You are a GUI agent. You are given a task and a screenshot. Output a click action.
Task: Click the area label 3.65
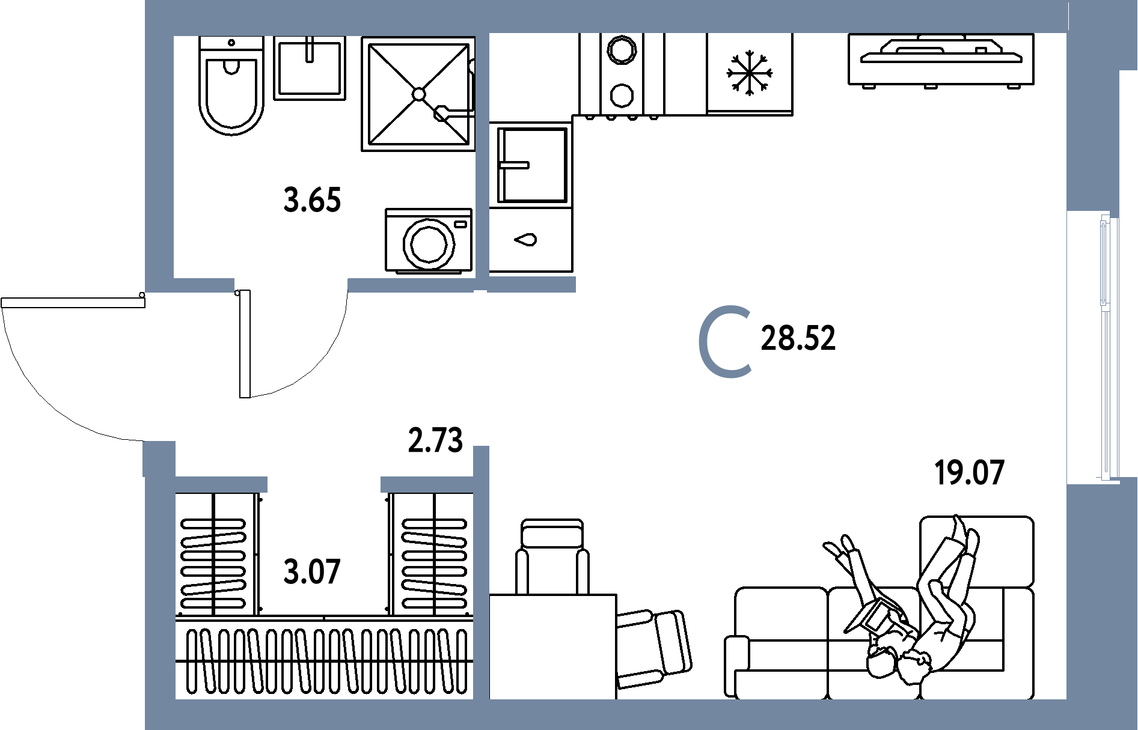312,201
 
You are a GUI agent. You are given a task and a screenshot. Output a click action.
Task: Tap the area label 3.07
312,572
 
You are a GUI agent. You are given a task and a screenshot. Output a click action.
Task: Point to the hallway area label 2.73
435,440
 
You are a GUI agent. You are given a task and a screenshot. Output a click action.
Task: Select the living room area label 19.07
970,473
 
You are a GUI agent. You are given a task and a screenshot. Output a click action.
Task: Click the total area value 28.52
798,339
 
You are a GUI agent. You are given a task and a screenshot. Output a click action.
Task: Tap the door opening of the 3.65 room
291,285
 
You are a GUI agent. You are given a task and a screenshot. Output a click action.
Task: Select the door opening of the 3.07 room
323,484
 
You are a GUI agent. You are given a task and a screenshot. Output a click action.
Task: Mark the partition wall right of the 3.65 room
482,156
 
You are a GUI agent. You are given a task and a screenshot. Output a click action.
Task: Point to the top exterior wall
601,16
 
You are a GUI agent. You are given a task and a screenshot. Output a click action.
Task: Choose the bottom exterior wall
601,714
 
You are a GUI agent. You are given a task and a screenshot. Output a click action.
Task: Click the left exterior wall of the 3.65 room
159,156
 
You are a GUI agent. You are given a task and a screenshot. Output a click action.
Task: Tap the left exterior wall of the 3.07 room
160,595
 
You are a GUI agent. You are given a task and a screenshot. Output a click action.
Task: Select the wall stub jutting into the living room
531,285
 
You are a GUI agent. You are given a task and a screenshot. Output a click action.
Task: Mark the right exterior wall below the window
1101,601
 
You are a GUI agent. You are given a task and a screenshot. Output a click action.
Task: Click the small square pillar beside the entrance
159,458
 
